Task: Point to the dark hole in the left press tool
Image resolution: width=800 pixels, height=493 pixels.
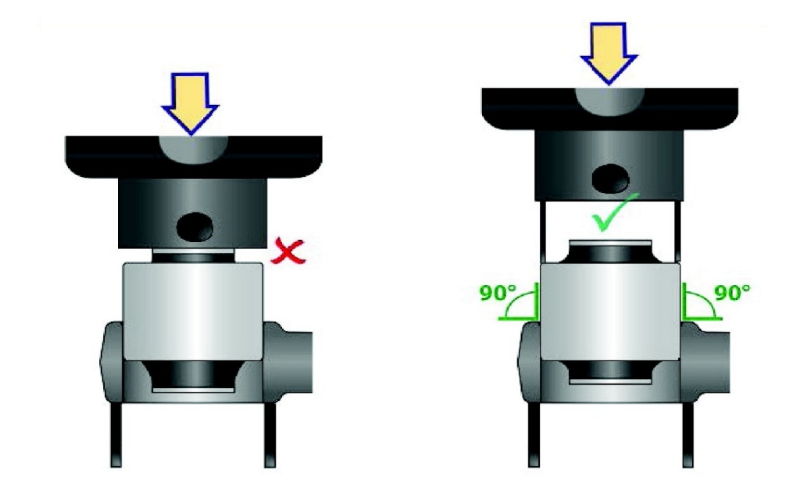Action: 195,227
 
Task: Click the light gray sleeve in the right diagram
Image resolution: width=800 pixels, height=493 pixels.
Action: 609,312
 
